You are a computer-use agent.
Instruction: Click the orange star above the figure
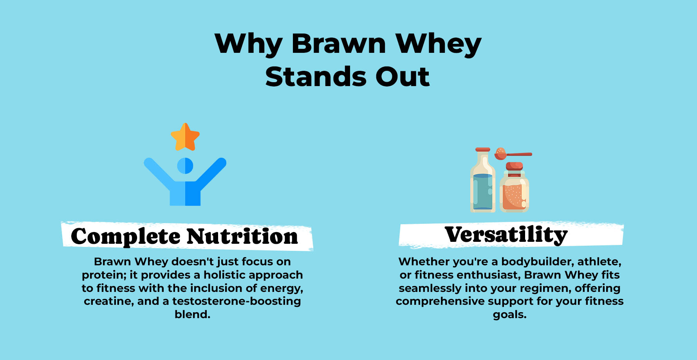(x=185, y=137)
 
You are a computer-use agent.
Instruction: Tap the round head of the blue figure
(x=185, y=166)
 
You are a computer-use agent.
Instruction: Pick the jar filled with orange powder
(x=514, y=188)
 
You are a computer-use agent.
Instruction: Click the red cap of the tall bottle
(x=483, y=149)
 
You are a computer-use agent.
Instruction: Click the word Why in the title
(x=248, y=44)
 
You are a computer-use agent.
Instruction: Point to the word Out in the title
(x=403, y=77)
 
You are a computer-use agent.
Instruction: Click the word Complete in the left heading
(x=125, y=237)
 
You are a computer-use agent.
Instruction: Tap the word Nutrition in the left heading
(x=242, y=236)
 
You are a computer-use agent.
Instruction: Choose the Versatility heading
(x=506, y=235)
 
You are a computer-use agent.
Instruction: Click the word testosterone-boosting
(x=237, y=301)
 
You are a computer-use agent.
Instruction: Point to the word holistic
(x=224, y=275)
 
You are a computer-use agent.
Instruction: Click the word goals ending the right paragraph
(x=509, y=315)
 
